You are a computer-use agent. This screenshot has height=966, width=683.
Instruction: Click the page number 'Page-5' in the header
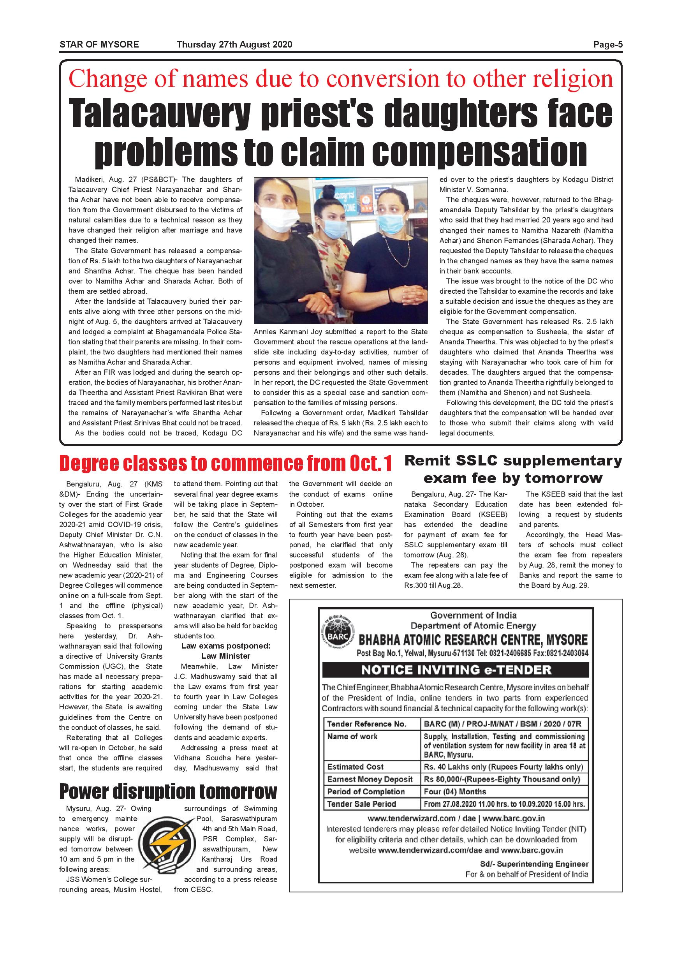click(608, 44)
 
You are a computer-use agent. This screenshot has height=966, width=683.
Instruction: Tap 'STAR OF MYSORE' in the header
click(99, 44)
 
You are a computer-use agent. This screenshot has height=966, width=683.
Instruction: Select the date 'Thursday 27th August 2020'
click(234, 44)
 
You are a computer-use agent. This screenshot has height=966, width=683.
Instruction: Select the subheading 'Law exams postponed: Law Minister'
click(226, 651)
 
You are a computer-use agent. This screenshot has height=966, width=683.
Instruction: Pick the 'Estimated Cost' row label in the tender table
click(356, 767)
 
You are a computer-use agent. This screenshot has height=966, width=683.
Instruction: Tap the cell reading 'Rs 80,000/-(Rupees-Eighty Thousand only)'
click(502, 779)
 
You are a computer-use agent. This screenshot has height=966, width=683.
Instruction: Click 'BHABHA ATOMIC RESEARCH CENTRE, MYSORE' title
click(473, 640)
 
